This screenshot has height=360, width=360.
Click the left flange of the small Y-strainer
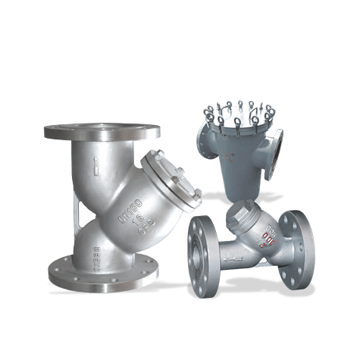204,254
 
